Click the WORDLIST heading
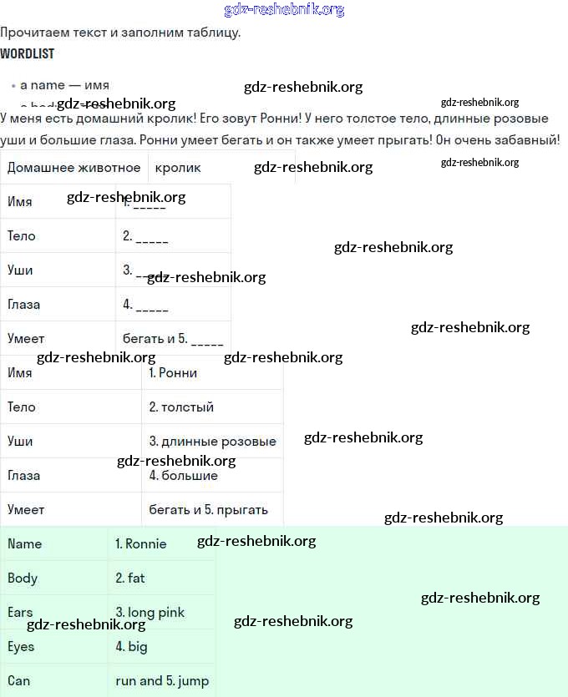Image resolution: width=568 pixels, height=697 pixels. click(27, 53)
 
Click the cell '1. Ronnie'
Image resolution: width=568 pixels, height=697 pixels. click(141, 543)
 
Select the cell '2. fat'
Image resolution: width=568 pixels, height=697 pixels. click(130, 578)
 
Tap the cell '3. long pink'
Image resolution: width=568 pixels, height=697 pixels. click(150, 612)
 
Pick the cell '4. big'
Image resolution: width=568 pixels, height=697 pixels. click(131, 646)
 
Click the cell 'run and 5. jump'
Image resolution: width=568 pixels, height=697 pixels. click(162, 680)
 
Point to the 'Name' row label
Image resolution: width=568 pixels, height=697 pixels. click(24, 543)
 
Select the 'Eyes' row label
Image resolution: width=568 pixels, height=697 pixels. click(21, 646)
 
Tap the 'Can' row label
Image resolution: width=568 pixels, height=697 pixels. click(18, 680)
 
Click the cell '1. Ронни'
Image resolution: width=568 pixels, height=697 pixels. click(173, 372)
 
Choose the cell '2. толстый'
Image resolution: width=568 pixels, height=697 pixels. click(181, 407)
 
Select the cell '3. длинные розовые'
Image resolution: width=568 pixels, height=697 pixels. click(212, 441)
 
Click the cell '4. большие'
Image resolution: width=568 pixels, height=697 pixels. click(183, 475)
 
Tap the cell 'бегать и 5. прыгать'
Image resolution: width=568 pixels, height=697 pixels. click(208, 509)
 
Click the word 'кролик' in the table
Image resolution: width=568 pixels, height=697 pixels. click(178, 167)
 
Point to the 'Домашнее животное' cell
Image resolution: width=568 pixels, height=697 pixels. click(74, 167)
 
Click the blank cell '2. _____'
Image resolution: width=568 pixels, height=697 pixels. click(145, 236)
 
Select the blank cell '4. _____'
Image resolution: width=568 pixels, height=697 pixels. click(145, 305)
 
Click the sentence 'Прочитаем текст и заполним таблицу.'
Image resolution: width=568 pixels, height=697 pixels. click(120, 33)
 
